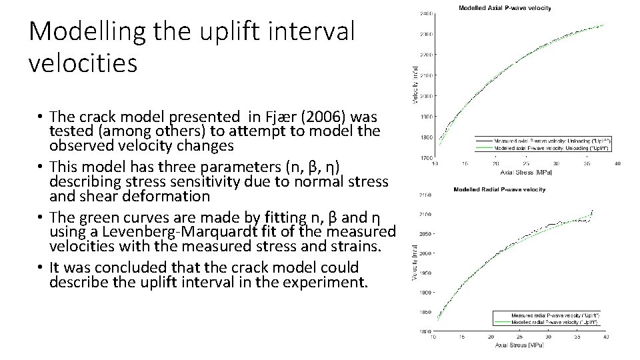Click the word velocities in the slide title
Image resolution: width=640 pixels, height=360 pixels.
click(83, 64)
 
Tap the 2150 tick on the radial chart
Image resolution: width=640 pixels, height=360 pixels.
click(424, 195)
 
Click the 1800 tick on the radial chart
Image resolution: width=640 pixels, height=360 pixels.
click(424, 331)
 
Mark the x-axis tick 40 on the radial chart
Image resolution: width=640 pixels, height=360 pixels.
click(605, 337)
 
